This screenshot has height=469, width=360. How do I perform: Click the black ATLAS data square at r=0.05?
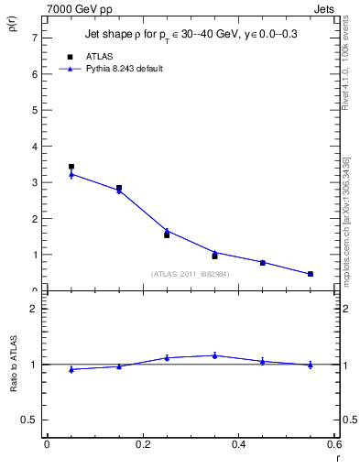click(71, 167)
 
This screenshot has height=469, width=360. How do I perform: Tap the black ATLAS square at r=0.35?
click(214, 256)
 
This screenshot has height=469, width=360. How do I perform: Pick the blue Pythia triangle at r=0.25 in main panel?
click(167, 231)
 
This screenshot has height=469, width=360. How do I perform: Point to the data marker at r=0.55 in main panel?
click(310, 274)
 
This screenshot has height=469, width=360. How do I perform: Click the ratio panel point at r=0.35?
click(214, 355)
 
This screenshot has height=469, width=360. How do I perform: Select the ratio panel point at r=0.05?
click(71, 369)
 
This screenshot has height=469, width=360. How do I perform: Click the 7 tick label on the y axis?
click(34, 38)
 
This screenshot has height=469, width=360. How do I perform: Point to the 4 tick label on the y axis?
click(34, 147)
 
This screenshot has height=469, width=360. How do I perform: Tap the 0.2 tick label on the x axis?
click(143, 444)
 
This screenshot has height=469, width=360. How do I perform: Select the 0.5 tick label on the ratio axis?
click(30, 420)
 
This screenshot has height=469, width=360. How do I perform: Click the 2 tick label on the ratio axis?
click(34, 309)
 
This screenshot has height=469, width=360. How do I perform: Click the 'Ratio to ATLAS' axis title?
click(12, 365)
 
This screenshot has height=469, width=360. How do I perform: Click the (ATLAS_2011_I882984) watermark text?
click(191, 274)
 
